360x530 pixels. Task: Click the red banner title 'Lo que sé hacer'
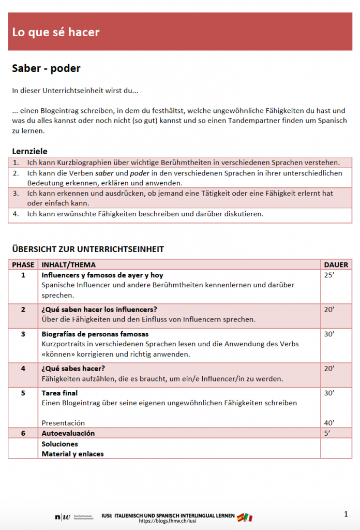56,32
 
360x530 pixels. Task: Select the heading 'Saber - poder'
46,69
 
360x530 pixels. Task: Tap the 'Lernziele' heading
29,151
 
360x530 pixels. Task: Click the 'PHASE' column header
23,264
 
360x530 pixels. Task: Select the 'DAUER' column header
336,264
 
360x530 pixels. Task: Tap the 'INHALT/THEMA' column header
68,264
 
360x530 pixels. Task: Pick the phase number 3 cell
23,334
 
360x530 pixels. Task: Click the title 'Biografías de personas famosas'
95,334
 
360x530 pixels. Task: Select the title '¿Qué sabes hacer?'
73,368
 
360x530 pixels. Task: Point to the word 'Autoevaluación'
68,433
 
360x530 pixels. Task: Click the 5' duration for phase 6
327,433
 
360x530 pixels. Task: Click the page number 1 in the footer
346,514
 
